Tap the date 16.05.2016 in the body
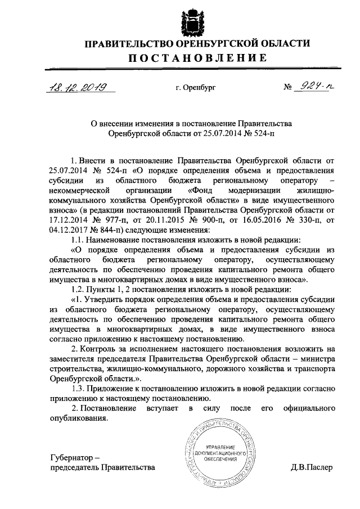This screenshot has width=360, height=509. [261, 220]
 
